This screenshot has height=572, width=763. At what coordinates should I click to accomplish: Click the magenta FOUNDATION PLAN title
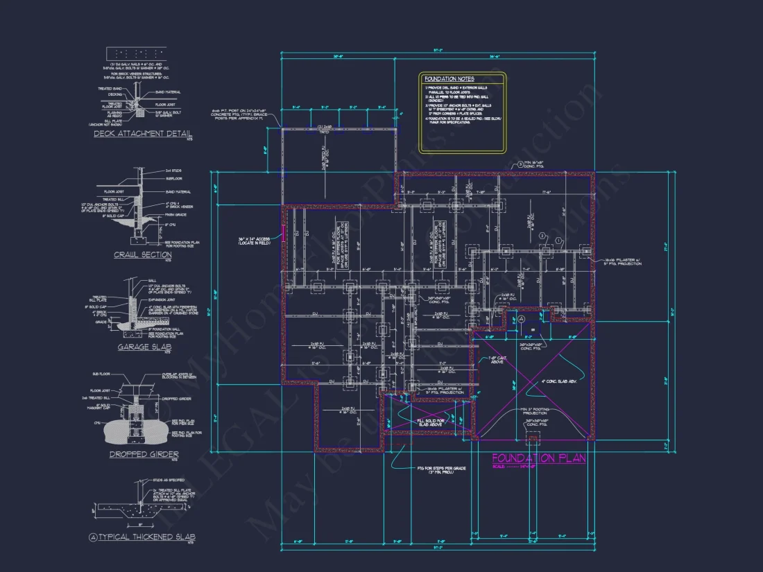tap(538, 458)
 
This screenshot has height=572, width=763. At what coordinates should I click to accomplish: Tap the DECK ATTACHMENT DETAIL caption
tap(143, 134)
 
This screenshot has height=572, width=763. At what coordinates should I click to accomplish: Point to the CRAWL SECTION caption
tap(143, 255)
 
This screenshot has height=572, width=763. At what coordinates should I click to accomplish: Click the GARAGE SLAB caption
tap(143, 347)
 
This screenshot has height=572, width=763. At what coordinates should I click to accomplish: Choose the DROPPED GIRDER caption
tap(144, 454)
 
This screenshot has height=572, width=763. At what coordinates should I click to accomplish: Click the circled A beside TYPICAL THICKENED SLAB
tap(93, 537)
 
